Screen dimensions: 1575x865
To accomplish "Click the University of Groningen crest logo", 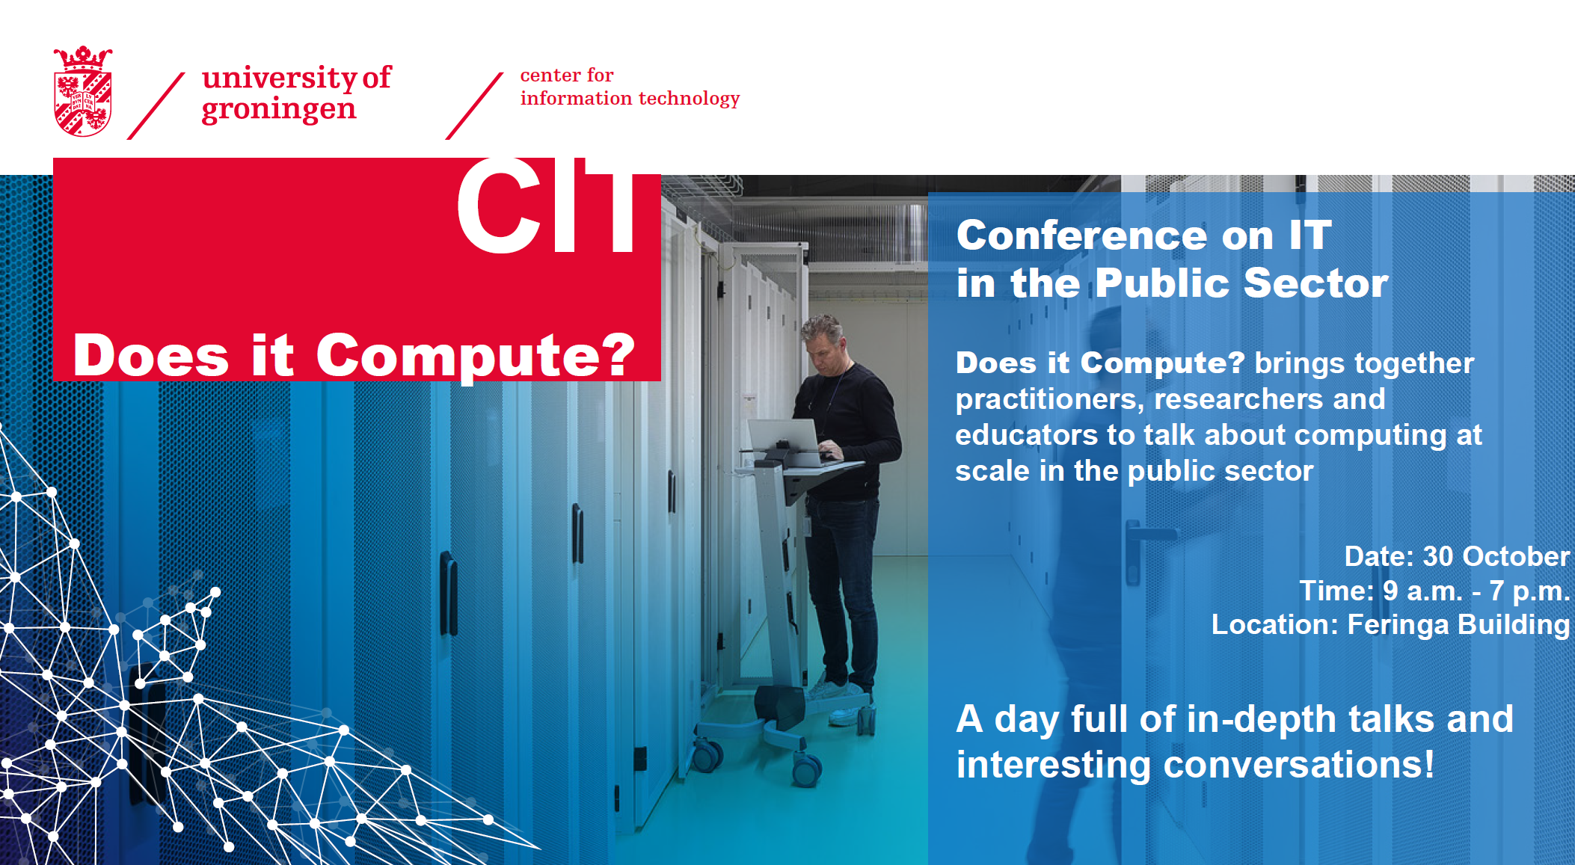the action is point(83,91).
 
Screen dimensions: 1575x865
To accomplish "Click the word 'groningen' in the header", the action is point(279,109).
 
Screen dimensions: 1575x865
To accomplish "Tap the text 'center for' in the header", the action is point(567,75).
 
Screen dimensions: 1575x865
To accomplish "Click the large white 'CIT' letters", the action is point(547,207).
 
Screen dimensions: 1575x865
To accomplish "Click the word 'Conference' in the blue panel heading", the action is point(1082,236).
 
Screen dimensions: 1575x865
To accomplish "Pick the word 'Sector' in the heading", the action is point(1316,283).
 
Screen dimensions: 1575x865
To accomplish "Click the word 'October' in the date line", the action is point(1516,556).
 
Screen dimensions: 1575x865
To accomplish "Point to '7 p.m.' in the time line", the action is point(1529,591).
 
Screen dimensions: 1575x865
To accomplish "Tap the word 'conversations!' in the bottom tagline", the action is point(1299,765).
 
